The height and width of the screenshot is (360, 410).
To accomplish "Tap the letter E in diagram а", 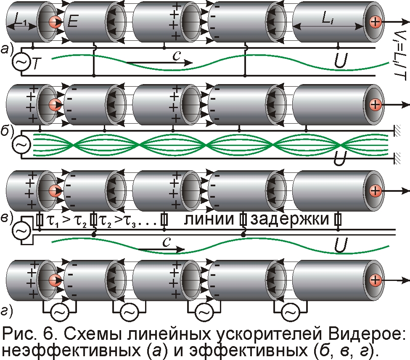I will [x=73, y=21].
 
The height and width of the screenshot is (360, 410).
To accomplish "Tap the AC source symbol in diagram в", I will [x=19, y=231].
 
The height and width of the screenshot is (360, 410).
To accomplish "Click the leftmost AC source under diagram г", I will [x=59, y=312].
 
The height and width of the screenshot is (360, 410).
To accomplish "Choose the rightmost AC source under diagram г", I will [x=290, y=312].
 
